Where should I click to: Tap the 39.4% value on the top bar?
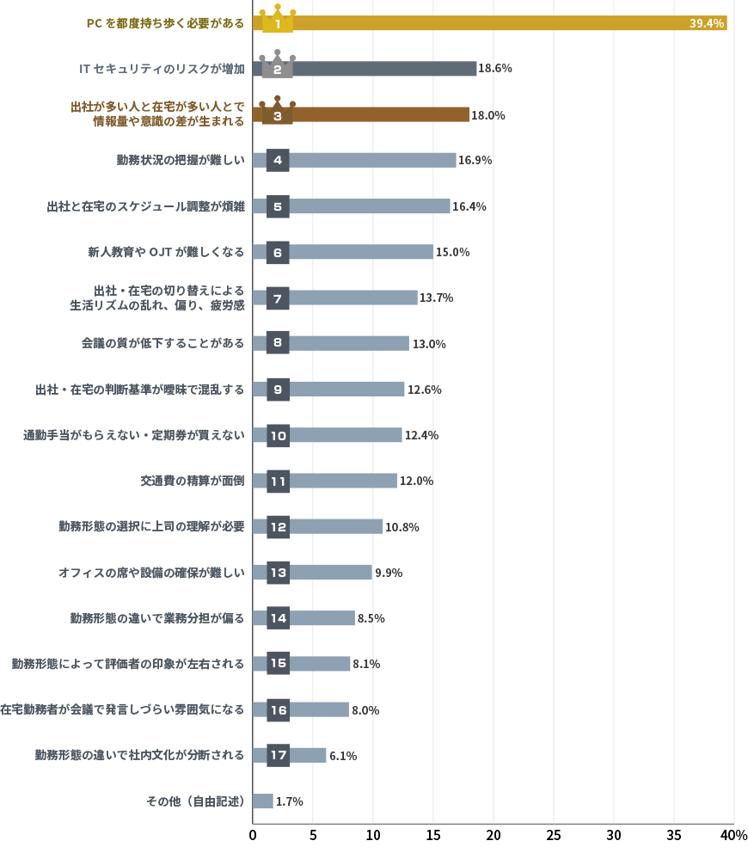(x=707, y=23)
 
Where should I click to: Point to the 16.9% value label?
(x=475, y=161)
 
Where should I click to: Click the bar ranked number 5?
(x=370, y=206)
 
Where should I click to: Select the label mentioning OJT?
(x=166, y=252)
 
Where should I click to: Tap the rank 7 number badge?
(x=278, y=298)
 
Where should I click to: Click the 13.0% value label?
(x=429, y=344)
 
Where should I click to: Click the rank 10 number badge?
(x=278, y=435)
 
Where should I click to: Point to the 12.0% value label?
(x=416, y=482)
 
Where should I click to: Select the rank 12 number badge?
(x=278, y=527)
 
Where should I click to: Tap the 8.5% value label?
(x=371, y=618)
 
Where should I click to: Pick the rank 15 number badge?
(x=278, y=664)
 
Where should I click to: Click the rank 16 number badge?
(x=278, y=709)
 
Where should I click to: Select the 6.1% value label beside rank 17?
(x=343, y=756)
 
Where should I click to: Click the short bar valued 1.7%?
(x=263, y=801)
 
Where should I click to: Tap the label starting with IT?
(x=162, y=68)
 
